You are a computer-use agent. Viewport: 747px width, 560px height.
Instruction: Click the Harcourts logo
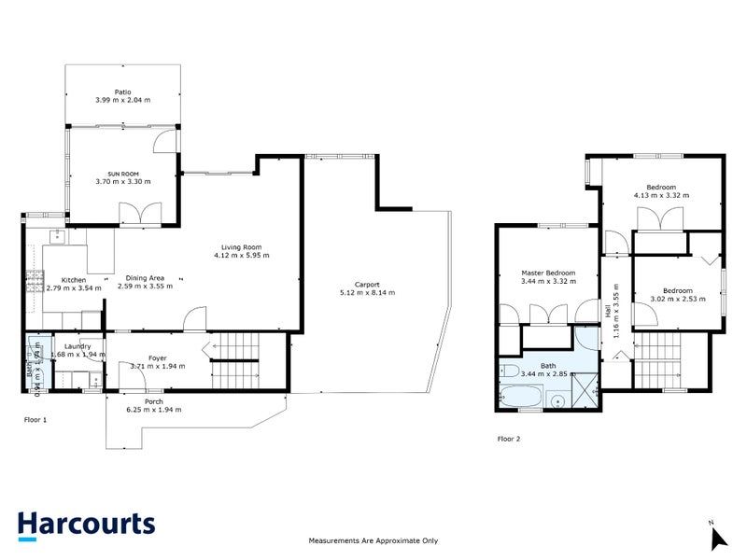point(86,525)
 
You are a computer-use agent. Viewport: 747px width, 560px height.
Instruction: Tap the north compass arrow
point(717,538)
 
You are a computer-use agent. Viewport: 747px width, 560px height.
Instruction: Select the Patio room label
point(122,92)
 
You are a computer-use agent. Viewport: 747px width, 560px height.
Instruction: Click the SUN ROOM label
point(122,174)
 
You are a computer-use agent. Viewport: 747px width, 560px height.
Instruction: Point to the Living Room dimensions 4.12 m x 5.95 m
point(234,255)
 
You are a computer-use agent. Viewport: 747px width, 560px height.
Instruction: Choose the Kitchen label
point(74,279)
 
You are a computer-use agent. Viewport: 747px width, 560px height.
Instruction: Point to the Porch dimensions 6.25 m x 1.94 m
point(154,409)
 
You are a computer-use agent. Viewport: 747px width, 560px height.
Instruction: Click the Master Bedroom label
point(548,273)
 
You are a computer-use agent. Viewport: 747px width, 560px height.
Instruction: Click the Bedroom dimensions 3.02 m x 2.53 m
point(677,299)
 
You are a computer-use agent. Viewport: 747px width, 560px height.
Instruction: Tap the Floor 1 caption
point(35,420)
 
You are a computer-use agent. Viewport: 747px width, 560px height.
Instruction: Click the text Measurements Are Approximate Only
point(373,540)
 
